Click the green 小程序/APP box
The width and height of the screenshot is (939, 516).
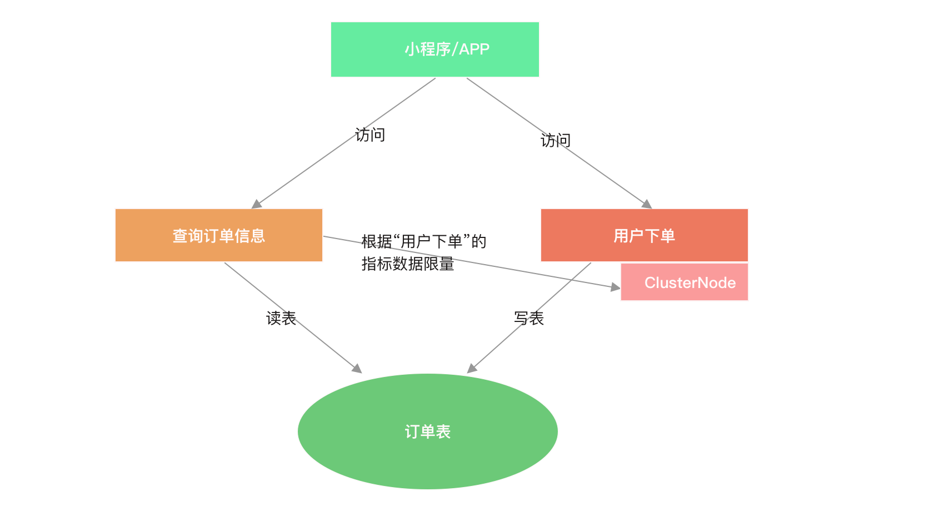pyautogui.click(x=434, y=49)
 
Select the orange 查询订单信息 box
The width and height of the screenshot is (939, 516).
pyautogui.click(x=218, y=235)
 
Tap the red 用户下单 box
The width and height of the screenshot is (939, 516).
pyautogui.click(x=644, y=235)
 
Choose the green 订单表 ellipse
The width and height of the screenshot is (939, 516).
pyautogui.click(x=427, y=431)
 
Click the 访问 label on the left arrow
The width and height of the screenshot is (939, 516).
pyautogui.click(x=370, y=135)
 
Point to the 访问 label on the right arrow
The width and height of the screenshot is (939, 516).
pyautogui.click(x=556, y=141)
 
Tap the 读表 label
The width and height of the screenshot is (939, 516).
pyautogui.click(x=281, y=319)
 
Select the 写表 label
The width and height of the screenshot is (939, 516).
pyautogui.click(x=529, y=319)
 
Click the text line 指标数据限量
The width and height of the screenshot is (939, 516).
pyautogui.click(x=408, y=264)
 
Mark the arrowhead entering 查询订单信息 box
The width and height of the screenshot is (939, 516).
pyautogui.click(x=256, y=205)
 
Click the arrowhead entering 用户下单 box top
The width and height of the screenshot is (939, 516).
pyautogui.click(x=647, y=204)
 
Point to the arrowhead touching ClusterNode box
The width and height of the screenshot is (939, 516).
pyautogui.click(x=616, y=287)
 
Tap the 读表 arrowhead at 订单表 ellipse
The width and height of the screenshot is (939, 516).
pyautogui.click(x=357, y=369)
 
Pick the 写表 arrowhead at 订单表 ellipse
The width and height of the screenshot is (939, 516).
pyautogui.click(x=472, y=369)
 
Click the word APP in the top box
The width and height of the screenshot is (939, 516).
pyautogui.click(x=475, y=49)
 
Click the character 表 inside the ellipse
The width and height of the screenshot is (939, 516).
pyautogui.click(x=443, y=432)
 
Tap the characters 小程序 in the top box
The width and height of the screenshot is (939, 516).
pyautogui.click(x=427, y=49)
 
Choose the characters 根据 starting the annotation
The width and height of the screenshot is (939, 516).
pyautogui.click(x=377, y=241)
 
